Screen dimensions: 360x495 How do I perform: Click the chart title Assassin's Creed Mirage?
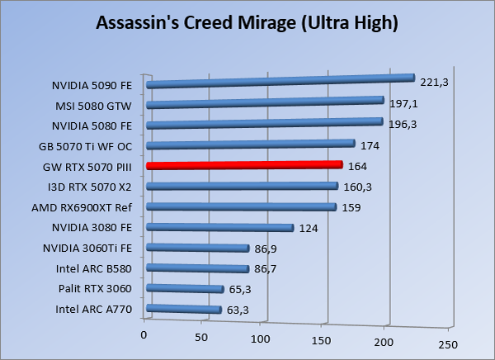[247, 22]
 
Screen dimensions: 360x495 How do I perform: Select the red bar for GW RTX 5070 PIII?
[243, 165]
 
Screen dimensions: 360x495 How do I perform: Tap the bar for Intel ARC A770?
[183, 310]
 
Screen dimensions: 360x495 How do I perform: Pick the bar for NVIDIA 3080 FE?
[219, 227]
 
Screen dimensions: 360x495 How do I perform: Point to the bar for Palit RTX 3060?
[184, 289]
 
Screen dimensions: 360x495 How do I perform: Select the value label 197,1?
[403, 105]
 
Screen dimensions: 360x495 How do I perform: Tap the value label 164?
[358, 166]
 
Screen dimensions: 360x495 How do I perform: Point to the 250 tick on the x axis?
[446, 343]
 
